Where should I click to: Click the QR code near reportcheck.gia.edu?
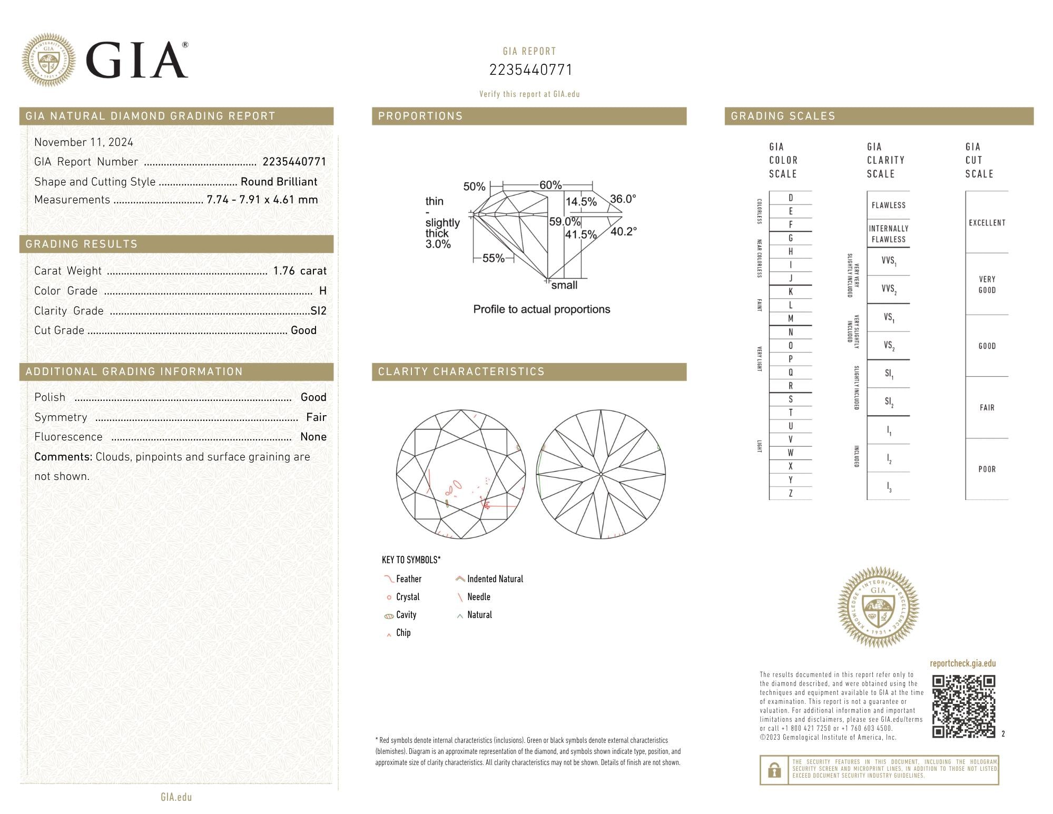pos(963,706)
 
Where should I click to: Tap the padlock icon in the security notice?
pos(774,770)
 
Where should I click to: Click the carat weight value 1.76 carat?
pos(300,271)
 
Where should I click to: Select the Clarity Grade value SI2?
pos(319,311)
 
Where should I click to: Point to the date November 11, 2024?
pos(84,142)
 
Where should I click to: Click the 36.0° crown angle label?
pos(623,199)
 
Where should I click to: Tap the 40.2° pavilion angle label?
pos(624,231)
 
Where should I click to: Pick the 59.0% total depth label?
pos(565,222)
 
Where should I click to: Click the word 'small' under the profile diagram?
pos(564,285)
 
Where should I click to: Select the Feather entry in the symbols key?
pos(403,579)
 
